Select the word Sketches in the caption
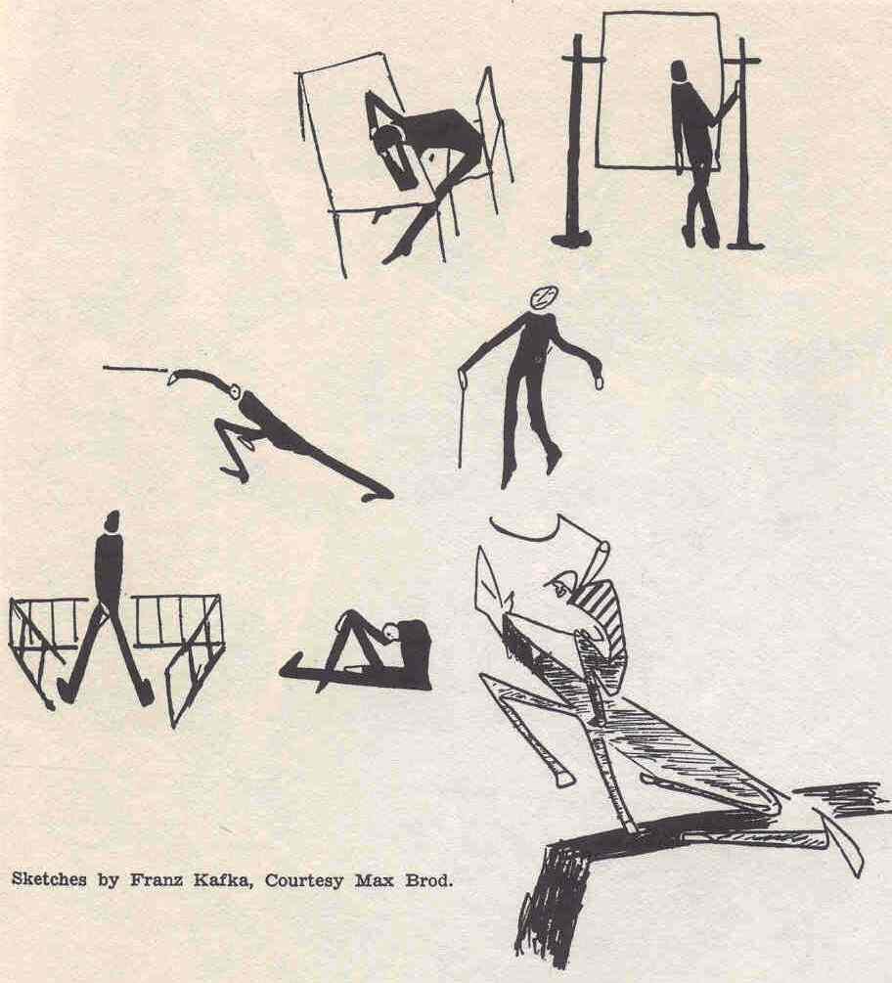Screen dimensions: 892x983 click(x=50, y=879)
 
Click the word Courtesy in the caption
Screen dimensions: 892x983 click(x=304, y=881)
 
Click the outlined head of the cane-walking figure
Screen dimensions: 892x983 click(x=544, y=297)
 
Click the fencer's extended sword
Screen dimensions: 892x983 click(x=135, y=370)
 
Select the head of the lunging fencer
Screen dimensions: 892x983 click(x=236, y=392)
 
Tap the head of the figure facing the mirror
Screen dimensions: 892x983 click(x=678, y=70)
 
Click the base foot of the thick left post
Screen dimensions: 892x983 click(x=571, y=239)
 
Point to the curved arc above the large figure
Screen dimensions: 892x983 click(x=525, y=532)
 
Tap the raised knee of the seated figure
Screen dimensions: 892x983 click(x=350, y=615)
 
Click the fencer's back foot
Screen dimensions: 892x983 click(x=378, y=495)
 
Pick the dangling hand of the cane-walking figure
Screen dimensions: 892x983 click(x=598, y=380)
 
